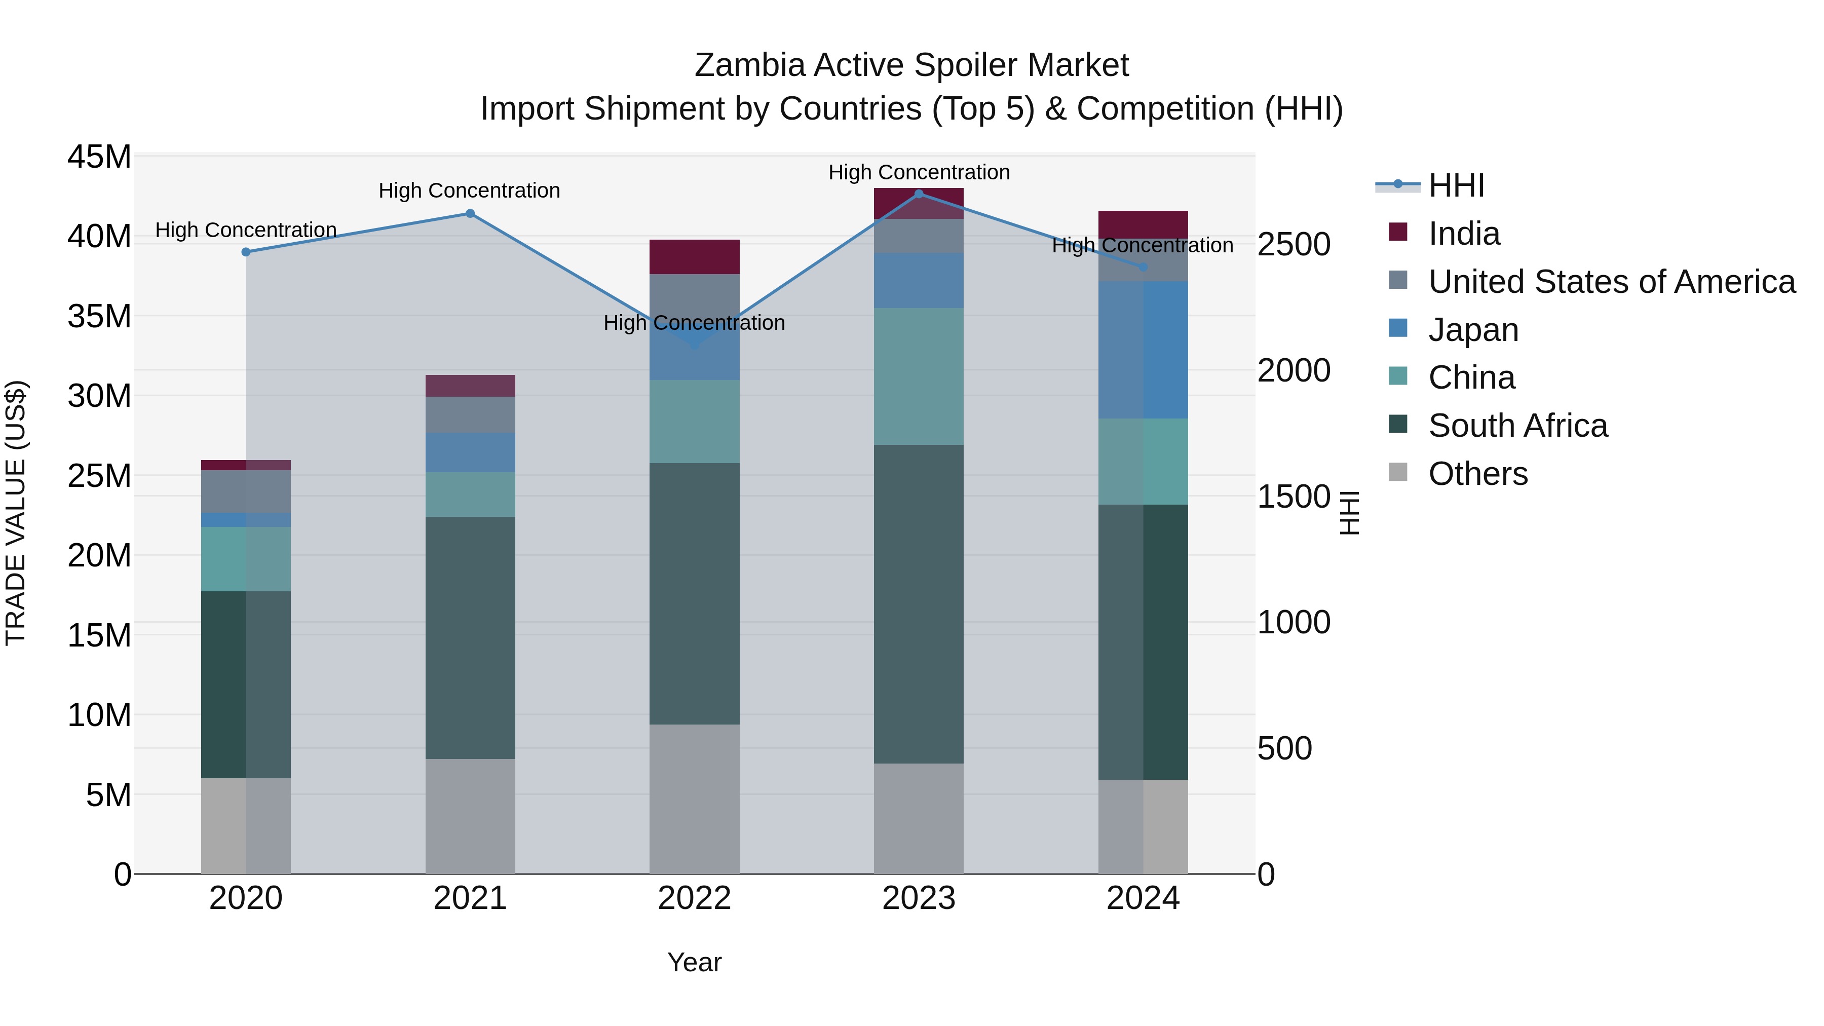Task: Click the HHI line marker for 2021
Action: tap(470, 213)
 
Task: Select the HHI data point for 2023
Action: tap(919, 194)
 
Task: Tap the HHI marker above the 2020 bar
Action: tap(246, 252)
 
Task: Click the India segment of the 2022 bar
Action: tap(694, 256)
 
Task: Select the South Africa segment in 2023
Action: tap(919, 603)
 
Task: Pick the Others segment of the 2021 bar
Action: tap(470, 816)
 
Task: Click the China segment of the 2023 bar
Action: tap(919, 376)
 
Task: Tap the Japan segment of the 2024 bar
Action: tap(1143, 349)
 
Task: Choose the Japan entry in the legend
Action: tap(1473, 330)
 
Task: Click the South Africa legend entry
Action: tap(1517, 426)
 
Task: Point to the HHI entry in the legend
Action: tap(1456, 185)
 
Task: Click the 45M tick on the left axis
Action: tap(99, 157)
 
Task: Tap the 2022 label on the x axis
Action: tap(694, 898)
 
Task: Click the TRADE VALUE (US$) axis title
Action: tap(16, 513)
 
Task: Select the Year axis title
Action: tap(694, 962)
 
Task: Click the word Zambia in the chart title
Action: tap(749, 65)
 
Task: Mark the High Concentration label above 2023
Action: tap(919, 172)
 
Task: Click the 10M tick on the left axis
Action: tap(99, 715)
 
